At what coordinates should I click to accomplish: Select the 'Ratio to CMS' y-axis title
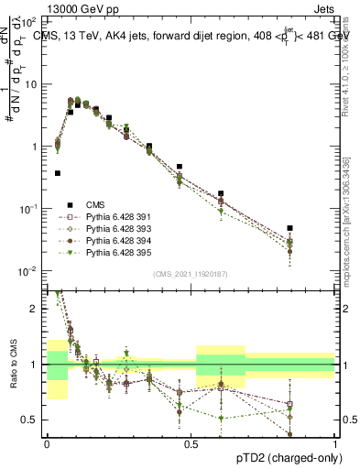coord(12,375)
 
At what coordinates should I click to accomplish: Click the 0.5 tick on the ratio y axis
coord(32,420)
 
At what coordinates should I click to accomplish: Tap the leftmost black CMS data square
coord(57,172)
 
